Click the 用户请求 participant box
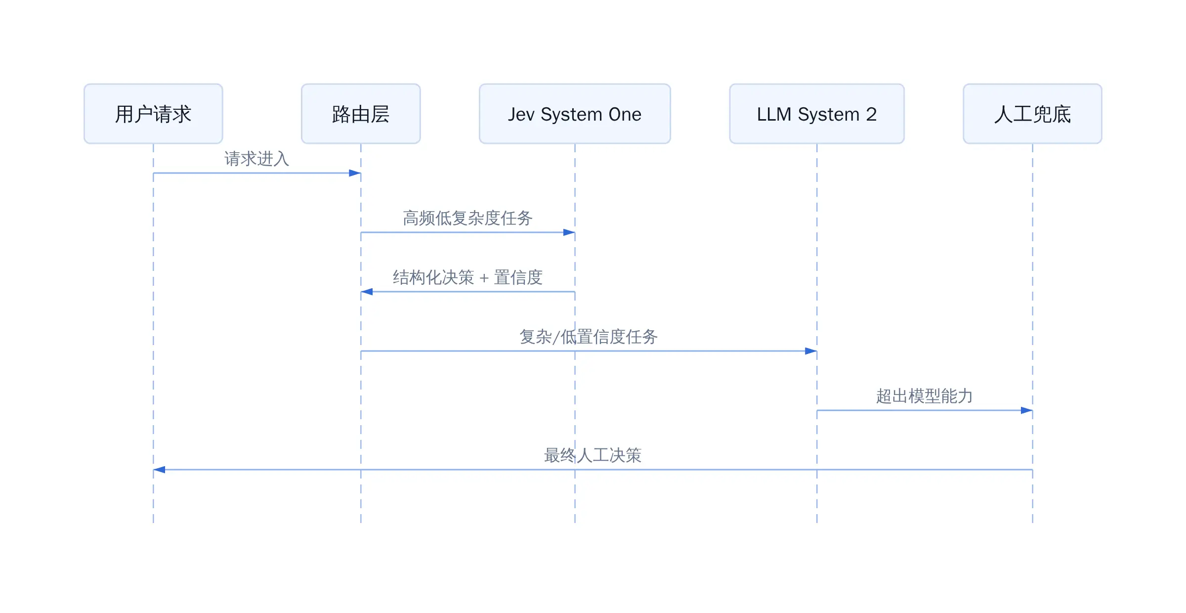pyautogui.click(x=153, y=114)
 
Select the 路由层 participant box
pyautogui.click(x=361, y=114)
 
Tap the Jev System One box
pyautogui.click(x=575, y=114)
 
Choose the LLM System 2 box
pyautogui.click(x=817, y=114)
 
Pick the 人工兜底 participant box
pyautogui.click(x=1032, y=114)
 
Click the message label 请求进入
pyautogui.click(x=257, y=159)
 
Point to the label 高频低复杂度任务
pyautogui.click(x=467, y=218)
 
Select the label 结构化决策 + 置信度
pyautogui.click(x=467, y=277)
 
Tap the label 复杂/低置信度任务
pyautogui.click(x=589, y=337)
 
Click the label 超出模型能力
pyautogui.click(x=925, y=396)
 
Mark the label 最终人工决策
pyautogui.click(x=593, y=455)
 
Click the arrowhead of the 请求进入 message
pyautogui.click(x=355, y=173)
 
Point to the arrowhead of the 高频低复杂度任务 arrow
pyautogui.click(x=569, y=232)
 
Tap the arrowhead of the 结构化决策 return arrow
pyautogui.click(x=367, y=292)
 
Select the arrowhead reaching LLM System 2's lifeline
pyautogui.click(x=811, y=351)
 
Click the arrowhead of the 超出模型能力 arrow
pyautogui.click(x=1026, y=410)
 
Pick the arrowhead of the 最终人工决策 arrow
pyautogui.click(x=159, y=470)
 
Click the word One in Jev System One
pyautogui.click(x=625, y=114)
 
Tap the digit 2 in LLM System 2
pyautogui.click(x=871, y=114)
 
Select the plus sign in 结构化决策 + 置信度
pyautogui.click(x=484, y=278)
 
